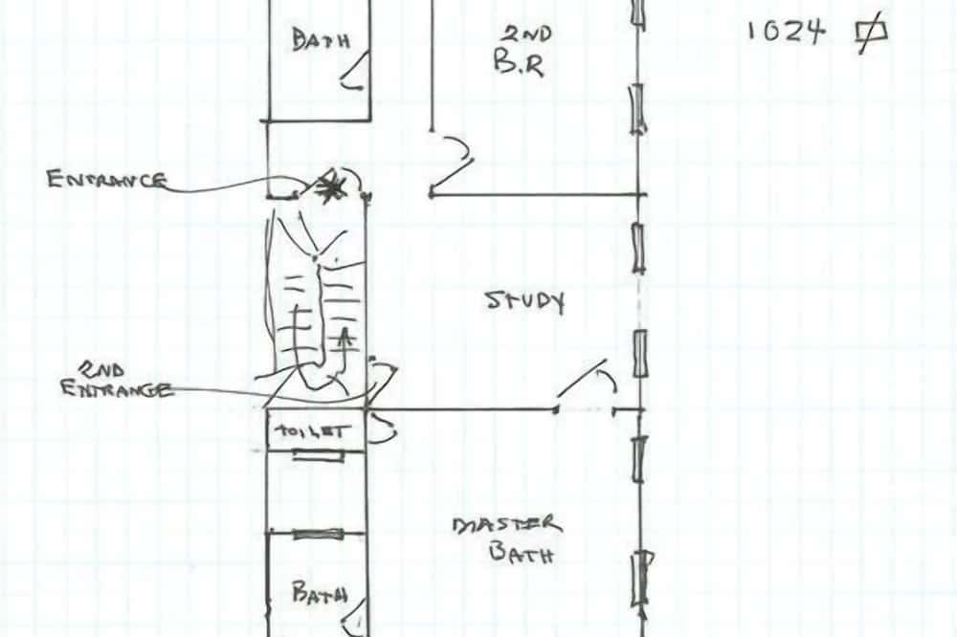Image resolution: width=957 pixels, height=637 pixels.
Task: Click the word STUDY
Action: point(524,301)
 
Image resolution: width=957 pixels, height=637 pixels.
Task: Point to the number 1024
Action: point(786,32)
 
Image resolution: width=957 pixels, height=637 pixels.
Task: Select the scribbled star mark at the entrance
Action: point(330,186)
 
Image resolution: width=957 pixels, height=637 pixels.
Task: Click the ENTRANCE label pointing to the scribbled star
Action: point(106,180)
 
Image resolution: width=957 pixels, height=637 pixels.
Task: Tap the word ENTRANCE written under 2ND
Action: point(116,388)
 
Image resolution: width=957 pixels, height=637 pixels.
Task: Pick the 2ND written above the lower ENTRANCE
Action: point(101,368)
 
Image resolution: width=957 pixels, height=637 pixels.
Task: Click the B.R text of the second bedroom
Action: point(519,63)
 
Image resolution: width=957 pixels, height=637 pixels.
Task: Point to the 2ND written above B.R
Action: point(527,33)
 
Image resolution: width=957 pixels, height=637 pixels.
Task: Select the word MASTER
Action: point(506,525)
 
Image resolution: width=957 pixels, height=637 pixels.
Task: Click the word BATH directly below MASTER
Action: point(522,554)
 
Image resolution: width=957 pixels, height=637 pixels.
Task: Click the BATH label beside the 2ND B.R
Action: point(321,41)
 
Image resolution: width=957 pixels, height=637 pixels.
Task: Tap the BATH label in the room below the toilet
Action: point(320,592)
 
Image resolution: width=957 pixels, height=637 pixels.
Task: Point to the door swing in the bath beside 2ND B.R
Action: point(354,72)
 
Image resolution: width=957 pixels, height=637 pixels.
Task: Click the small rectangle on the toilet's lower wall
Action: point(318,454)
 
